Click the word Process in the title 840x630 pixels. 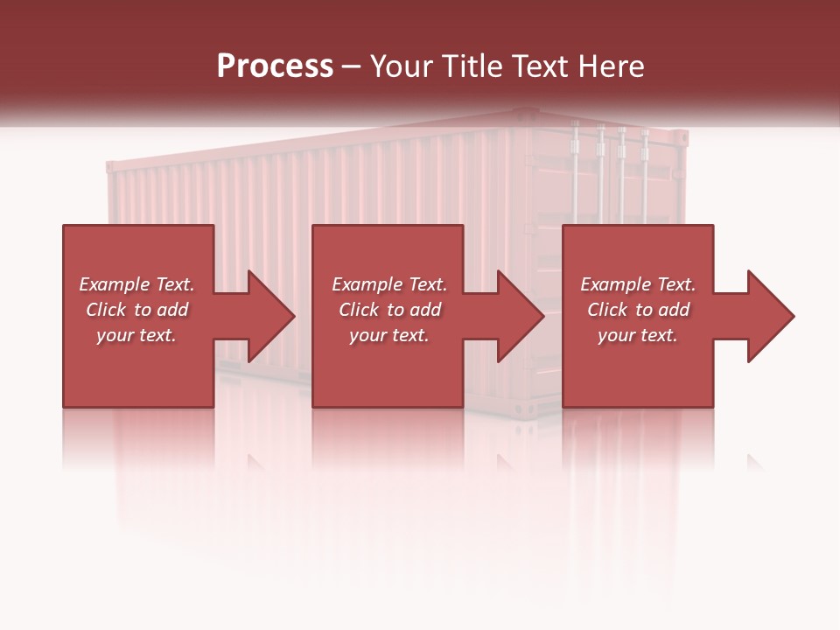pos(275,66)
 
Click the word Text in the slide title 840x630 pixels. pos(539,66)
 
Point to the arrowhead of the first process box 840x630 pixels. pos(272,316)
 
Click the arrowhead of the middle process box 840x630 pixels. pos(521,316)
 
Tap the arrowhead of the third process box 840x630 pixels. pos(772,316)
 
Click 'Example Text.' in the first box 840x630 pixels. pos(136,284)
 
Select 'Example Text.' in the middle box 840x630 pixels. pos(389,284)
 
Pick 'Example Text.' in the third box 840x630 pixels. pos(638,284)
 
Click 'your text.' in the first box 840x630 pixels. pos(136,335)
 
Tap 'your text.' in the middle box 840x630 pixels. pos(389,335)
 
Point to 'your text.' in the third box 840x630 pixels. pos(638,335)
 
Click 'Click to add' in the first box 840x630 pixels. pos(136,310)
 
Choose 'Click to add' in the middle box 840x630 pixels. pos(389,310)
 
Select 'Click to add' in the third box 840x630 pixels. pos(638,310)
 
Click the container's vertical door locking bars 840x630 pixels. pos(611,175)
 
